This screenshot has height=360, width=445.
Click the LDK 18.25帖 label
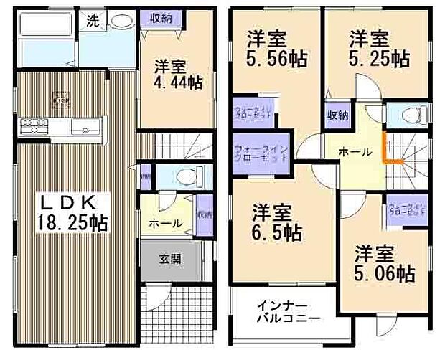tap(72, 213)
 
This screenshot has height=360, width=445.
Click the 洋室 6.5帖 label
tap(276, 222)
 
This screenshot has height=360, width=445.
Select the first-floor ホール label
tap(165, 224)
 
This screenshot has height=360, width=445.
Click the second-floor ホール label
tap(355, 152)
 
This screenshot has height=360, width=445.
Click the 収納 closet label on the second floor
tap(338, 115)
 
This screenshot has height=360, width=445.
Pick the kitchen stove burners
tap(32, 127)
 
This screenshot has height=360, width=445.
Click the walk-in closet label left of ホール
tap(260, 152)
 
